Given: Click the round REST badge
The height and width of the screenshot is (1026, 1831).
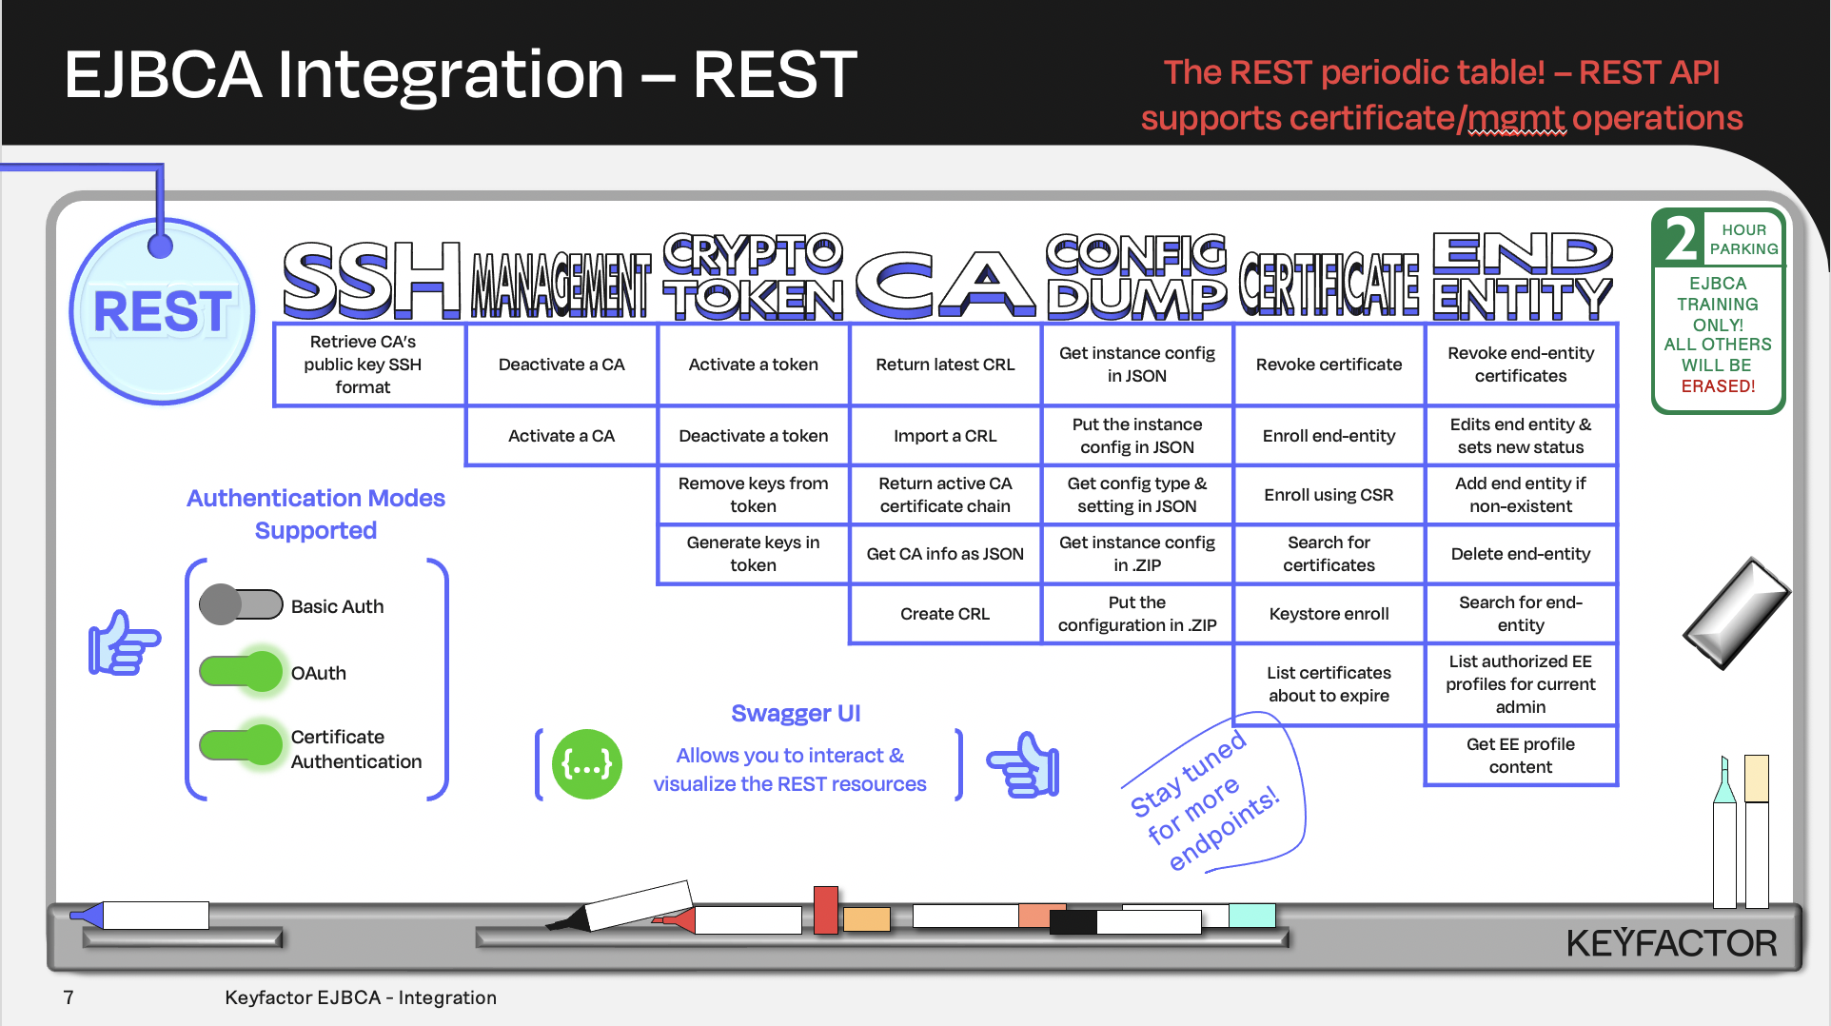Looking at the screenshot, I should point(163,311).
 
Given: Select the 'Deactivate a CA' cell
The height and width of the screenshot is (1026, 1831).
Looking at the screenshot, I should point(561,365).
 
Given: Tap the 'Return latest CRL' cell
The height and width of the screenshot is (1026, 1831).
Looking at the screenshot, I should point(945,365).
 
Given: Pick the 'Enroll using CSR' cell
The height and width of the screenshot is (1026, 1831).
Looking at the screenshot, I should point(1329,495).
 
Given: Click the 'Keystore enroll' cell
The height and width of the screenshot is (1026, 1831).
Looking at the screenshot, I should point(1329,614).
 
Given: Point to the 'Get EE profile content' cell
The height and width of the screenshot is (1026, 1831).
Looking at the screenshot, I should point(1520,756).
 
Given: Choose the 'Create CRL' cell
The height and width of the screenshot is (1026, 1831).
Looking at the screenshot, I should point(945,614).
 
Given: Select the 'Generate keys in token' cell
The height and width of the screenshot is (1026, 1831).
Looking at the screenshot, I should point(753,554).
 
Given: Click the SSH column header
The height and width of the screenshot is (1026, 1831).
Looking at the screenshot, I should point(371,280).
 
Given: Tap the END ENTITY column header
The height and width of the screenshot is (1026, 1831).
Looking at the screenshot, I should point(1522,276).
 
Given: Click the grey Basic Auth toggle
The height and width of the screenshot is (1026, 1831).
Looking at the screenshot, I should point(241,605).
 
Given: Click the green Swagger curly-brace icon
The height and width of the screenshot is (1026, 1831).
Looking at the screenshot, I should point(587,764).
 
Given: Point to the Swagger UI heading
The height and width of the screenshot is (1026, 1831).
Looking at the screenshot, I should point(796,714).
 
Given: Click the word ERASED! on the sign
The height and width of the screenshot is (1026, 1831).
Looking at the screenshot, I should point(1718,386).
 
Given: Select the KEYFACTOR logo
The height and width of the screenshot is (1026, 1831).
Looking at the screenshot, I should point(1671,943).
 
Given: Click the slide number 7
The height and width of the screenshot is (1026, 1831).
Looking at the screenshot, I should point(69,997).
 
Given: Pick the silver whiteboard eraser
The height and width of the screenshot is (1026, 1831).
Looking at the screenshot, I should point(1736,613).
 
